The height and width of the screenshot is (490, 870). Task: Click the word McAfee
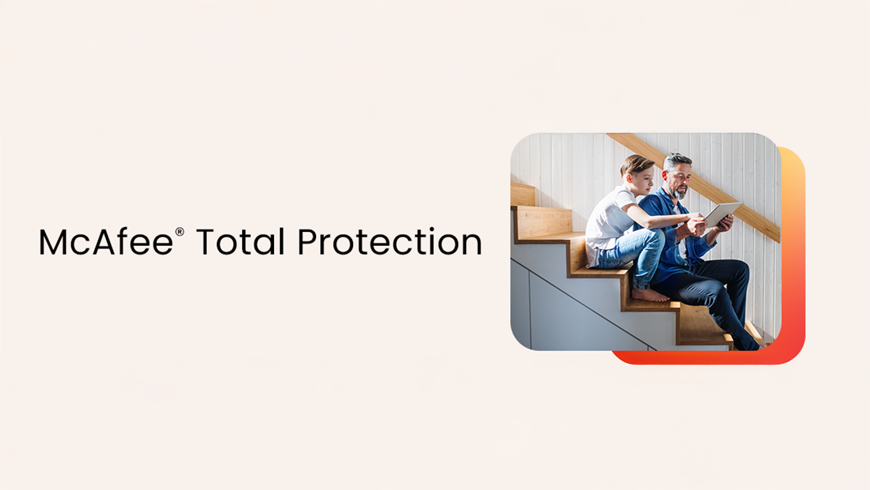coord(106,242)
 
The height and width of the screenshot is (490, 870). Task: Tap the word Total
coord(240,242)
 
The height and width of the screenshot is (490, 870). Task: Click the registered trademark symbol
coord(180,232)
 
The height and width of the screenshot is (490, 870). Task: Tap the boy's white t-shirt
coord(611,222)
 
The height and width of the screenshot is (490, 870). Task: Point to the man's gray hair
coord(677,160)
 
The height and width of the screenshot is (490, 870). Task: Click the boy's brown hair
coord(635,163)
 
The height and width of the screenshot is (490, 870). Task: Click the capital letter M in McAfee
coord(53,242)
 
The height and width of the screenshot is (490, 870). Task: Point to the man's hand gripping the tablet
coord(723,223)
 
